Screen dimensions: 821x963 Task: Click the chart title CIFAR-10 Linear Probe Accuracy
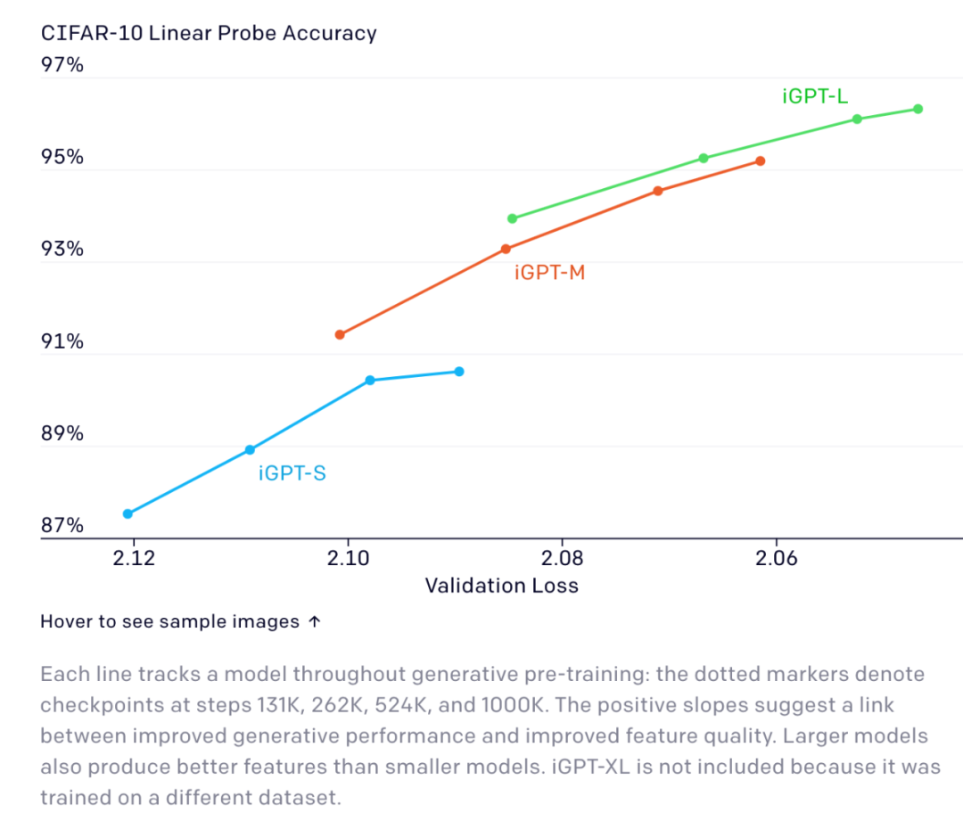[x=209, y=34]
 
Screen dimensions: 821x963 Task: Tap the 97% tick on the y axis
[x=62, y=65]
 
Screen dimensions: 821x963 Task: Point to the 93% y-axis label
[x=62, y=249]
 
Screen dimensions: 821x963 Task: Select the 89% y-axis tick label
[x=62, y=434]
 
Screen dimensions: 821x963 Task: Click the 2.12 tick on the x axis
[x=134, y=558]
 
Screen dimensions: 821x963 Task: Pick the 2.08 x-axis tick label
[x=561, y=558]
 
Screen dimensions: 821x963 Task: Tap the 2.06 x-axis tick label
[x=775, y=558]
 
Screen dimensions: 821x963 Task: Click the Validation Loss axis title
[x=501, y=586]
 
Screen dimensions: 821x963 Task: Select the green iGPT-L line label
[x=815, y=97]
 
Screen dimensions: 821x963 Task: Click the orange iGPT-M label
[x=549, y=273]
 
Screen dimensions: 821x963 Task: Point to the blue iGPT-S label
[x=292, y=473]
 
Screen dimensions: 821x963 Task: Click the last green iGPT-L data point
[x=918, y=109]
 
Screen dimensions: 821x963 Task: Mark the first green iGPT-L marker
[x=512, y=218]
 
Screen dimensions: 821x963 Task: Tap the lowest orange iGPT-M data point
[x=340, y=334]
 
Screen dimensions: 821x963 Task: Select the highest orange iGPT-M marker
[x=761, y=160]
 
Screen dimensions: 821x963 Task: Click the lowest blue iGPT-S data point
[x=128, y=513]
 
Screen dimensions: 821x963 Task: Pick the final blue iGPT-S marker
[x=459, y=371]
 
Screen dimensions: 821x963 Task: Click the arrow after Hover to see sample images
[x=314, y=622]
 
